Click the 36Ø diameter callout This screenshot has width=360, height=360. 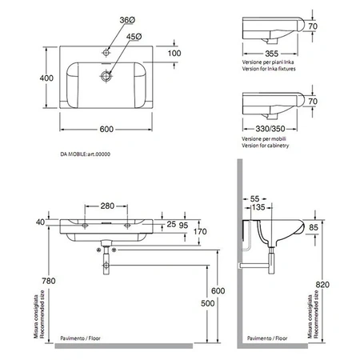point(127,20)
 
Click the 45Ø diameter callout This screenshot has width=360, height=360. point(134,37)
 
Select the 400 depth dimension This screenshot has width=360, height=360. point(46,78)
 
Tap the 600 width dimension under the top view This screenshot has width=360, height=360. point(106,129)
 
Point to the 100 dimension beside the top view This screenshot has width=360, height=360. point(174,54)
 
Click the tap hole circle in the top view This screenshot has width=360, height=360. point(106,53)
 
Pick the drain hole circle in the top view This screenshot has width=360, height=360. point(106,76)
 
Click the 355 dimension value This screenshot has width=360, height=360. point(271,54)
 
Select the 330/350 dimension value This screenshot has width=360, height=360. point(270,129)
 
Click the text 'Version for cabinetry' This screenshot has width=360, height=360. point(265,146)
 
